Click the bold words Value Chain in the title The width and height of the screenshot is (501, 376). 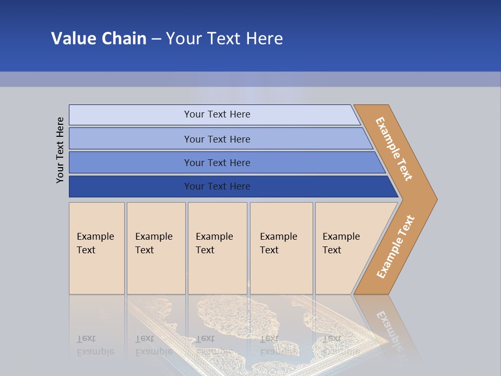coord(99,38)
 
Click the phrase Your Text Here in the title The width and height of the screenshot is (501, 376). coord(224,38)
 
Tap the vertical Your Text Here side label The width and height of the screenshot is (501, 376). coord(60,150)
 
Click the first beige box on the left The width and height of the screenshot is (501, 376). coord(97,248)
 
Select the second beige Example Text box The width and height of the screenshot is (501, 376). coord(156,248)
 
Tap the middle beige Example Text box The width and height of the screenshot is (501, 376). coord(217,248)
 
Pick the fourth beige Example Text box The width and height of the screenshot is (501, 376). coord(281,248)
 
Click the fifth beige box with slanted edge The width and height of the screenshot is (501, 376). coord(344,248)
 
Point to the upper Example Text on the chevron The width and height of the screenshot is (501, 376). coord(394,149)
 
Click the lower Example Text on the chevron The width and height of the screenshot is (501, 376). coord(396,246)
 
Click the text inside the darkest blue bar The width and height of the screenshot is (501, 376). coord(217,186)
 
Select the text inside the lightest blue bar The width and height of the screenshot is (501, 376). coord(217,114)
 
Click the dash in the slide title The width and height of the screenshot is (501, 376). coord(156,39)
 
